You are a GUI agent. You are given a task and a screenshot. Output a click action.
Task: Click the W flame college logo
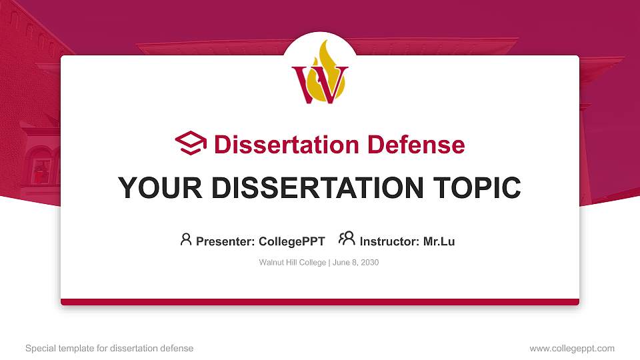tap(320, 75)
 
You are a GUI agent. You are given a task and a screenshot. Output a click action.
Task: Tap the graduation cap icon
tap(191, 144)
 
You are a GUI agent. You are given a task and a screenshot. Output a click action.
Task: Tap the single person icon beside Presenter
tap(186, 239)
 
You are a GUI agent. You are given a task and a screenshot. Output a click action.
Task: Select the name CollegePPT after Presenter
tap(291, 241)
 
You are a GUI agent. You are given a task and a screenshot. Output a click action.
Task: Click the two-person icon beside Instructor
tap(347, 239)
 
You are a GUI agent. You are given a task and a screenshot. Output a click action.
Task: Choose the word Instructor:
tap(389, 241)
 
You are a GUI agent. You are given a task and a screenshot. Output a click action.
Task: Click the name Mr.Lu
tap(439, 241)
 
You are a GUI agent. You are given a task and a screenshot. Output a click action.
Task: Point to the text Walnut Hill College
tap(291, 263)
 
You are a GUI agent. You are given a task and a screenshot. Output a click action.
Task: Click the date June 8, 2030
tap(355, 263)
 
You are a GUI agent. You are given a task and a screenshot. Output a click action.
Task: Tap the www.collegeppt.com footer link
tap(572, 348)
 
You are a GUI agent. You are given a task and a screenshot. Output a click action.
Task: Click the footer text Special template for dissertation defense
tap(109, 348)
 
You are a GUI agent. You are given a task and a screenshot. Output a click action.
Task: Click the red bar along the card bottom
tap(320, 302)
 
